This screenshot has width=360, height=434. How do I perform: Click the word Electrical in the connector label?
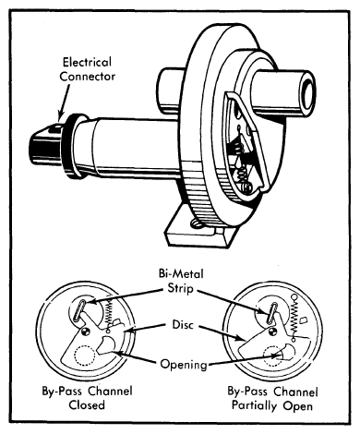click(87, 62)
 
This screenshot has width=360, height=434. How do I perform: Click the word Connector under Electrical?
click(88, 77)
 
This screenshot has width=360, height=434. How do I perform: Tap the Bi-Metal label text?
click(181, 273)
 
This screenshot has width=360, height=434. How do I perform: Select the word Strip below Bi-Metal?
click(180, 289)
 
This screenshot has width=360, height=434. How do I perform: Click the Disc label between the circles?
click(183, 325)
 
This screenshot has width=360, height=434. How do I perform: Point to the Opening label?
click(184, 365)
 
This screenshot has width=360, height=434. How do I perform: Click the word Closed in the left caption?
click(87, 404)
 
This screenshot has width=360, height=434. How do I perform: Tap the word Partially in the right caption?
click(254, 406)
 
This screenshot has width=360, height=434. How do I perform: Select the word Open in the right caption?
click(298, 406)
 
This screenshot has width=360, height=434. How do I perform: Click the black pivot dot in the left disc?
click(86, 332)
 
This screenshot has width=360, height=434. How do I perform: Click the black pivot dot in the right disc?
click(272, 332)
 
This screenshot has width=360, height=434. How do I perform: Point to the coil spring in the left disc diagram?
click(109, 315)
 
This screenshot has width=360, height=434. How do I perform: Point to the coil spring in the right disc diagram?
click(294, 317)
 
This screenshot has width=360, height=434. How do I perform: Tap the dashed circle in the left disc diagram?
click(84, 356)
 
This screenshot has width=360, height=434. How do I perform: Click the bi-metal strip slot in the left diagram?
click(79, 311)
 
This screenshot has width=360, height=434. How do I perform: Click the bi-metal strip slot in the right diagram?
click(272, 312)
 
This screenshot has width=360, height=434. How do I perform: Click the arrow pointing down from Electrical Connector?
click(64, 101)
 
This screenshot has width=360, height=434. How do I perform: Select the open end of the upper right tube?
click(307, 93)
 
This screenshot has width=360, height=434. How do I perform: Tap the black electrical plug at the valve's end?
click(46, 146)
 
